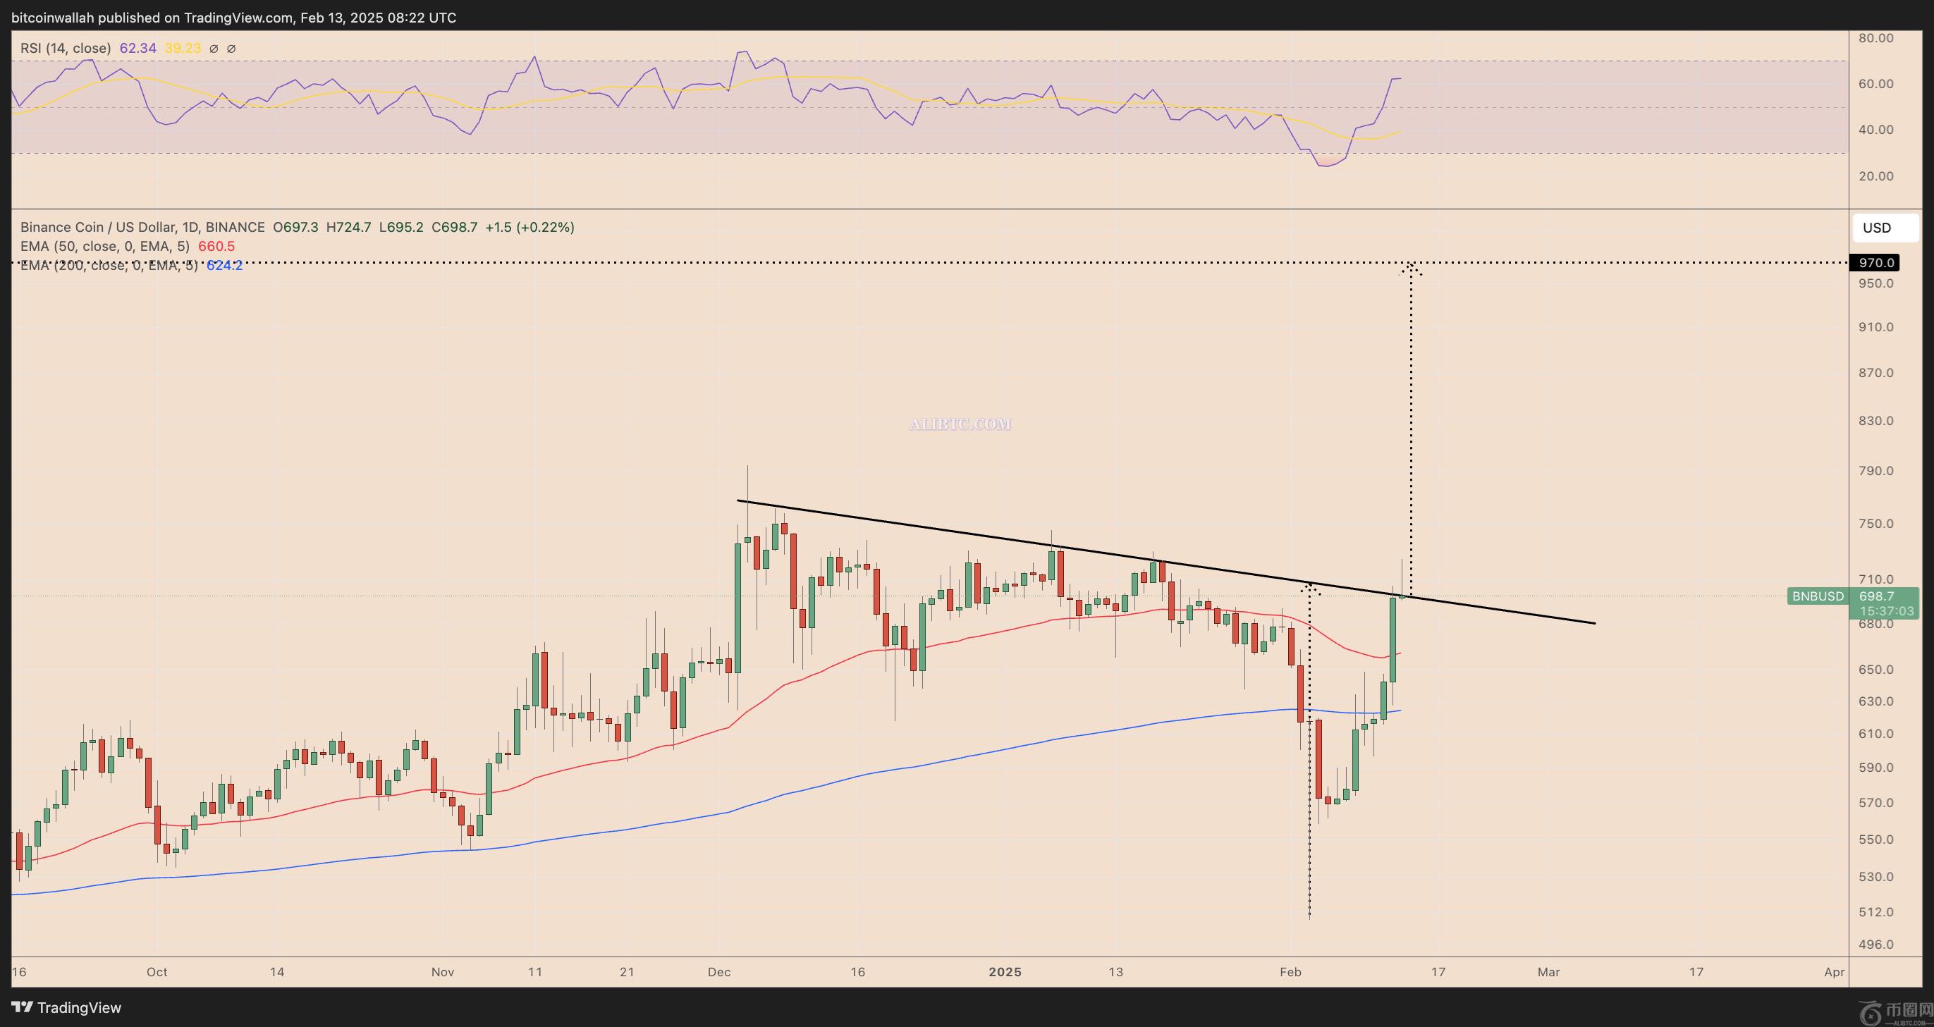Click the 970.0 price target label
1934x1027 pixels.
pos(1877,263)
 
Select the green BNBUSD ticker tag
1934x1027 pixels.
pos(1818,596)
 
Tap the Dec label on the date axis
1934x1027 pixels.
pos(718,971)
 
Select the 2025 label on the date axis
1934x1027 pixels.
pos(1005,971)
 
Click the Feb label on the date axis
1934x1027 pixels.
pos(1290,971)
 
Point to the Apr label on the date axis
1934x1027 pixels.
pos(1834,971)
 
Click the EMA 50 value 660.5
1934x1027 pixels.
pos(216,246)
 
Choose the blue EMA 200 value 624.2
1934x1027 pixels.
pos(224,265)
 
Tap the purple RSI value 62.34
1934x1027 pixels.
pos(138,48)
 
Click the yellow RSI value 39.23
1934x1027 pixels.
pos(183,48)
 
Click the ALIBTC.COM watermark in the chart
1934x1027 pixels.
pos(960,424)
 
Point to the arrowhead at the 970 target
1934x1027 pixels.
pos(1411,267)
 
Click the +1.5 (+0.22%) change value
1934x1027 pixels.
pos(530,227)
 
